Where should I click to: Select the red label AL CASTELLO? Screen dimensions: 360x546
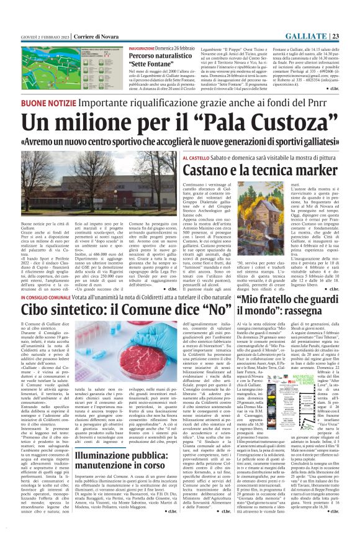pyautogui.click(x=199, y=159)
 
